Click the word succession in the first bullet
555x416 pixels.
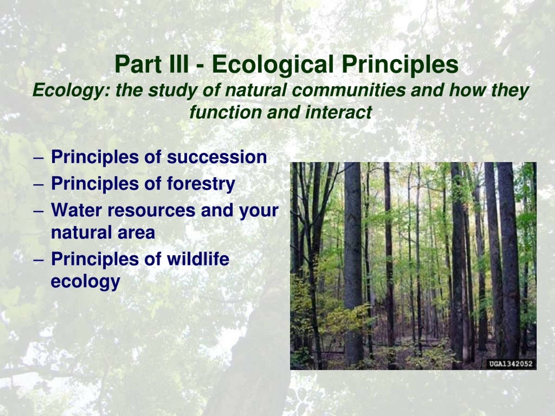click(217, 158)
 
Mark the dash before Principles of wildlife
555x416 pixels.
click(39, 260)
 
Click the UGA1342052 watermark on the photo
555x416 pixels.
click(511, 364)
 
